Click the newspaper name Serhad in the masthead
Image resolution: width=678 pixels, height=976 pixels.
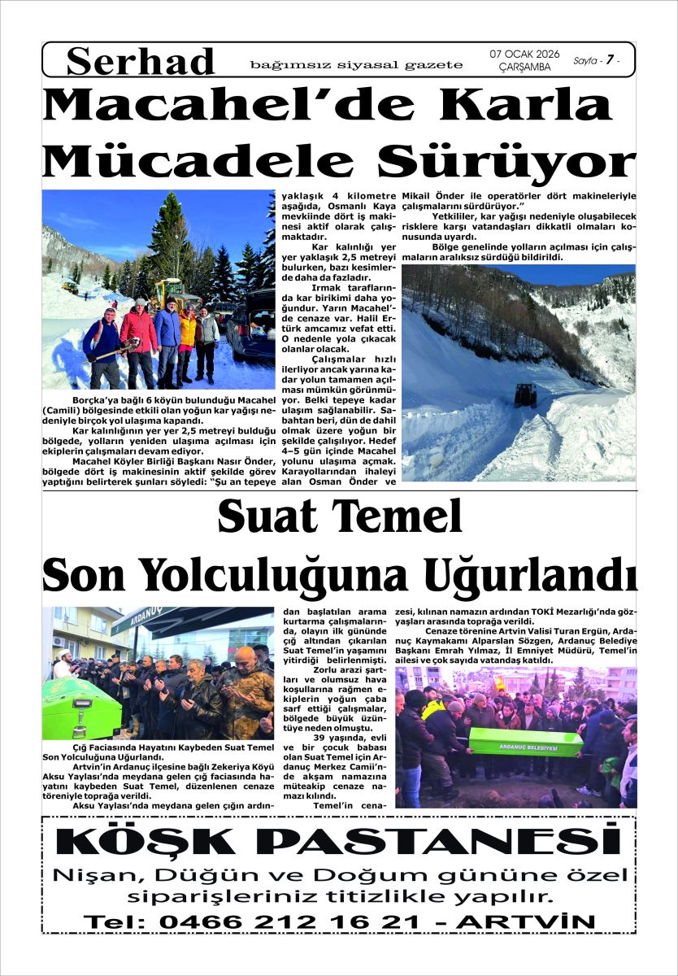[141, 61]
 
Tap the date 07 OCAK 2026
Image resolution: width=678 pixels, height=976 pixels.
[524, 54]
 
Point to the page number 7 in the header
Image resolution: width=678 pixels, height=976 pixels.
[607, 60]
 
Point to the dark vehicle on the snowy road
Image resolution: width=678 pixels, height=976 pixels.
[525, 395]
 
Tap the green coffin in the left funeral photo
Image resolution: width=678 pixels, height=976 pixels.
[80, 708]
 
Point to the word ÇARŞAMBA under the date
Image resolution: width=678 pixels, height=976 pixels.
[524, 68]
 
